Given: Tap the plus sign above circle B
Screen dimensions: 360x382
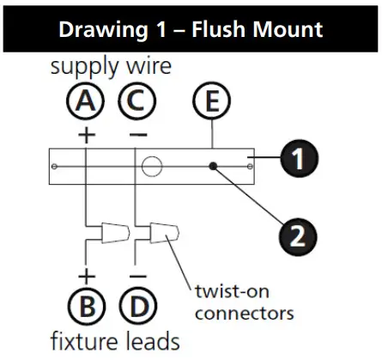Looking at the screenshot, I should [86, 276].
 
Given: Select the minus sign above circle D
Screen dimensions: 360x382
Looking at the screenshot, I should [136, 276].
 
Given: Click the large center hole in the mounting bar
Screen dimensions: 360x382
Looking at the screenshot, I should [153, 165].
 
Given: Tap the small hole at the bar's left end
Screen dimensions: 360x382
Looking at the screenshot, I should [55, 165].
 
